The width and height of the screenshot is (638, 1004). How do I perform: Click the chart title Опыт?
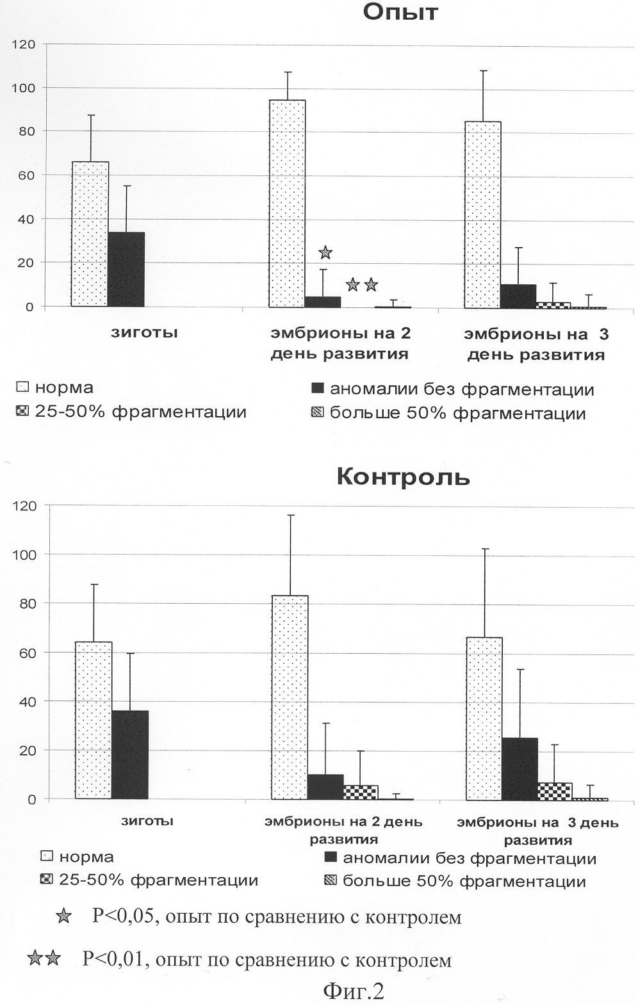[400, 12]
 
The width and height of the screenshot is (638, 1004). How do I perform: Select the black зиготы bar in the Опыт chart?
[126, 270]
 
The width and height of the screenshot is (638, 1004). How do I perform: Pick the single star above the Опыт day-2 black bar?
[325, 252]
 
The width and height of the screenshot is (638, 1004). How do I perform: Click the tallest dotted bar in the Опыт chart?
[288, 204]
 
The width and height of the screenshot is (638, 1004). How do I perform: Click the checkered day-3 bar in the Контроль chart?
[555, 791]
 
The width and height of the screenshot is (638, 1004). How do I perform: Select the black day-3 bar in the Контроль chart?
[519, 768]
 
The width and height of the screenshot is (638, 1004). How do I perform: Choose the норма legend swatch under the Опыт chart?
[22, 386]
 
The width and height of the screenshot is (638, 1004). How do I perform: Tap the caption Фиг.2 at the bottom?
[354, 991]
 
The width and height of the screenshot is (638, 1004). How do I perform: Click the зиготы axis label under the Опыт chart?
[144, 332]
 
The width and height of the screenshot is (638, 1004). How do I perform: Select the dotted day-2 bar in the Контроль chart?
[290, 697]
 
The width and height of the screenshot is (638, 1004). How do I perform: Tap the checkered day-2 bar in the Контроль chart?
[361, 792]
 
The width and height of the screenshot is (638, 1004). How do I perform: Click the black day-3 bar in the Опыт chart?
[518, 296]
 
